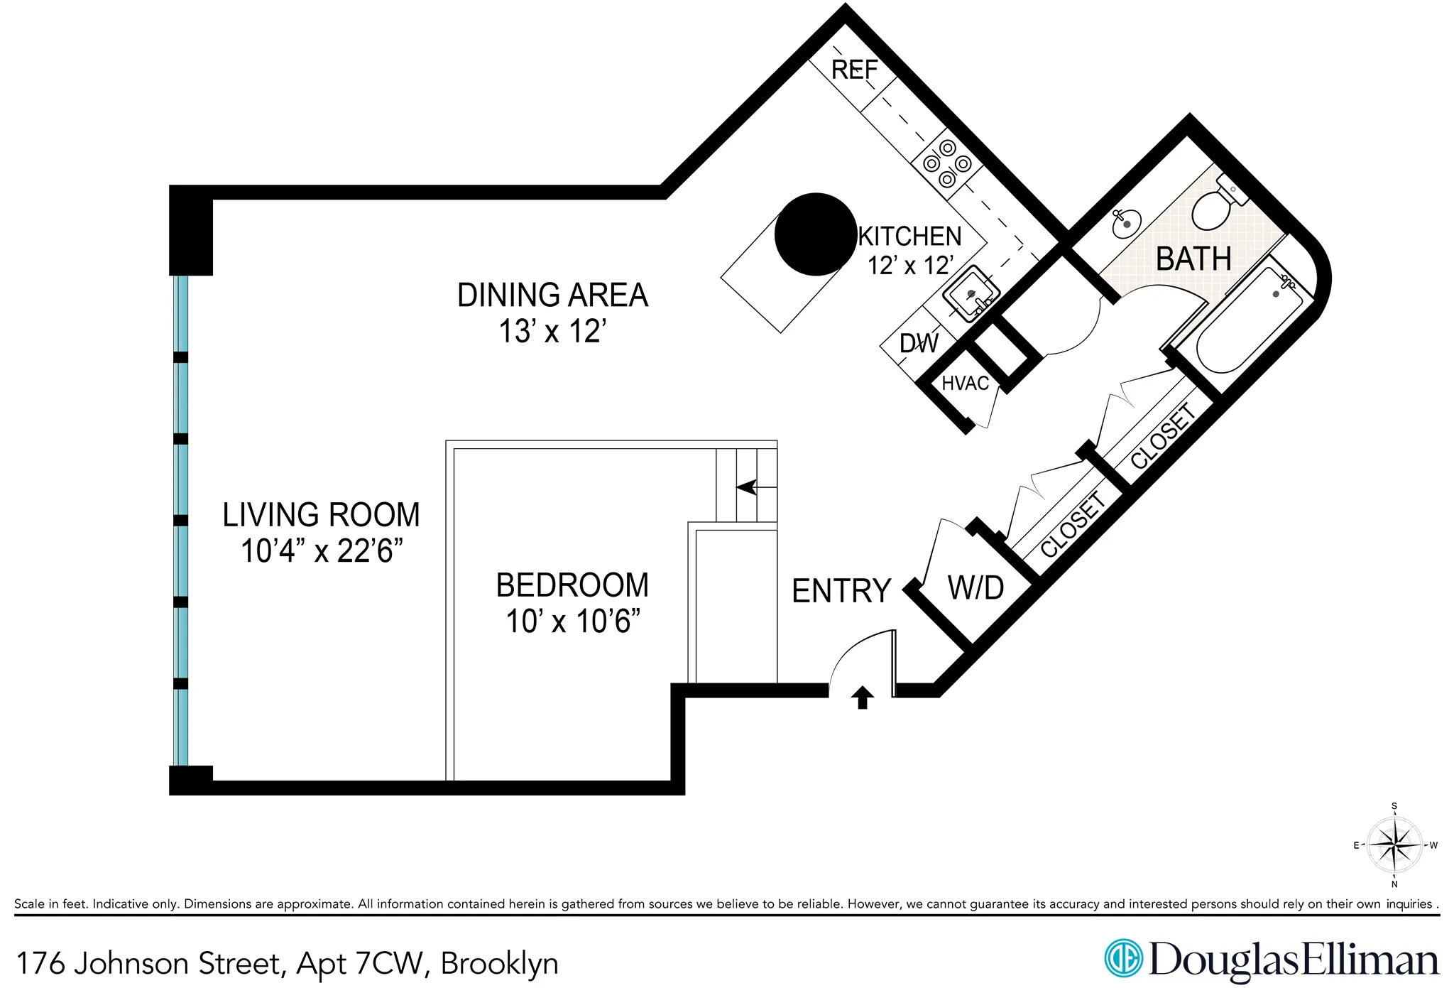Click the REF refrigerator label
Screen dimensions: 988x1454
tap(854, 70)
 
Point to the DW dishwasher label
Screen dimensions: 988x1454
tap(919, 344)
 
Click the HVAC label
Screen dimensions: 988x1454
tap(965, 384)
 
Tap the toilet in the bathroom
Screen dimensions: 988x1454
tap(1215, 204)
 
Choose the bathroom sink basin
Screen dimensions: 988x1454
tap(1126, 223)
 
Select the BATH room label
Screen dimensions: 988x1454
tap(1193, 259)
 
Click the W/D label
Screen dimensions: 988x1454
tap(975, 588)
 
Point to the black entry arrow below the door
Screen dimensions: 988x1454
tap(862, 697)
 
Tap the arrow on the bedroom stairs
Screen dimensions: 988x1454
tap(747, 487)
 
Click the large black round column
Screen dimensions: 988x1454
tap(815, 234)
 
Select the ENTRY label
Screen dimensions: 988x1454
tap(841, 591)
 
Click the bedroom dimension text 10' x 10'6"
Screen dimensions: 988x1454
tap(572, 621)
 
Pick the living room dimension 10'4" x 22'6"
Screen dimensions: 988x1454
tap(322, 551)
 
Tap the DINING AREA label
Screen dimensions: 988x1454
tap(552, 295)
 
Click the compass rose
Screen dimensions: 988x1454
tap(1394, 845)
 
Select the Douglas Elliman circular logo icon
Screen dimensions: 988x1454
tap(1123, 958)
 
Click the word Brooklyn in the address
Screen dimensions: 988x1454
tap(499, 964)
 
